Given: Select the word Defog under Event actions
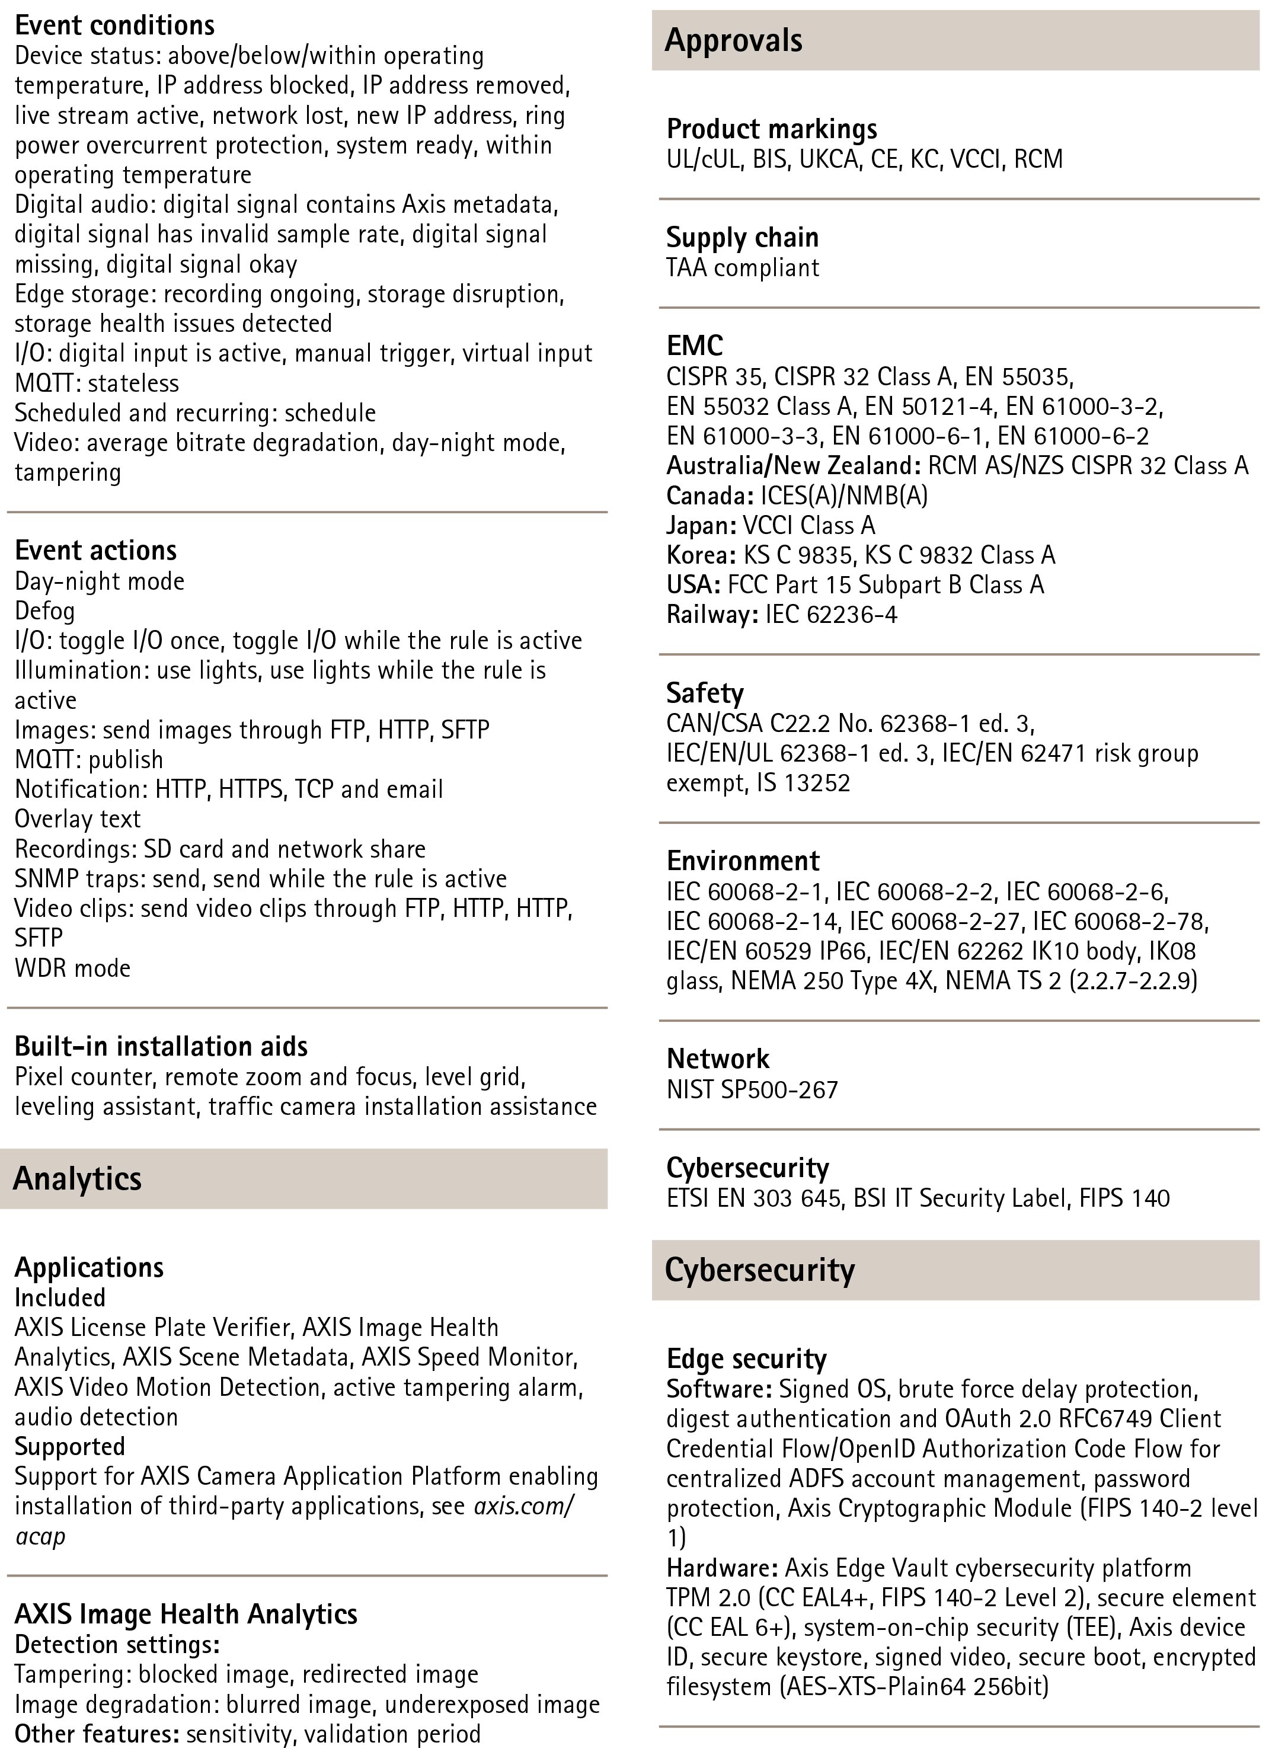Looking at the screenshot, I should point(44,610).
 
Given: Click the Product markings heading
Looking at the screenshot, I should point(771,129).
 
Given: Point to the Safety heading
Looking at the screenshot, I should point(705,692).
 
